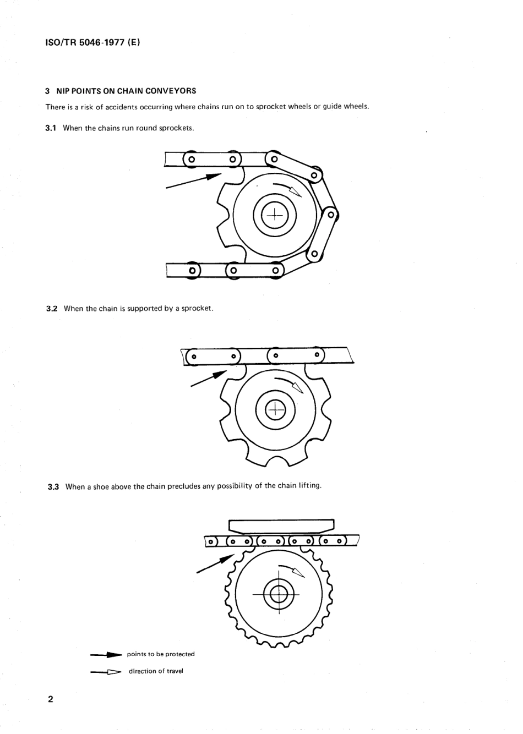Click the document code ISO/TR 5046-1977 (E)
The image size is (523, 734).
point(92,42)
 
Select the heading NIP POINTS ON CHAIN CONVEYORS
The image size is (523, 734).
point(127,91)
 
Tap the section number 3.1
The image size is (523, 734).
point(51,128)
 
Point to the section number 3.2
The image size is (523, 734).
point(52,309)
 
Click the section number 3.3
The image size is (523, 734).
point(53,487)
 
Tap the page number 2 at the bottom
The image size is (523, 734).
point(51,699)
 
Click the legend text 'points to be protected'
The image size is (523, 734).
point(161,654)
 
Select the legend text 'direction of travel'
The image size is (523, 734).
point(156,671)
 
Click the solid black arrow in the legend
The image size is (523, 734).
point(106,655)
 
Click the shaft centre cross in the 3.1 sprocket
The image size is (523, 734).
point(274,215)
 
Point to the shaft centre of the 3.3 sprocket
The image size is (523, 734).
point(279,594)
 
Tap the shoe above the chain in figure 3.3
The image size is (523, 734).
point(281,525)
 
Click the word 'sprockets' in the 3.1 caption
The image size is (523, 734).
point(176,128)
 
